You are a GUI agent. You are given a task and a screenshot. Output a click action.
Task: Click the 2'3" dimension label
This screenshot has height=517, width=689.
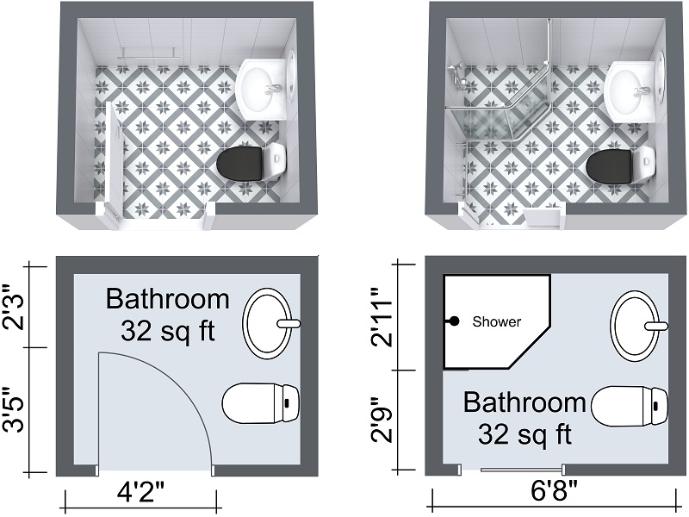pos(13,307)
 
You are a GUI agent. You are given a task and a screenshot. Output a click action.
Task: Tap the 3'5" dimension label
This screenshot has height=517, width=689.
pos(13,410)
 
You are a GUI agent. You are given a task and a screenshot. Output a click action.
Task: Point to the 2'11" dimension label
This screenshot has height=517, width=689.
pos(381,317)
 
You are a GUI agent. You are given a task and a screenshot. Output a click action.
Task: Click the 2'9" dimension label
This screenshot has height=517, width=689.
pos(381,420)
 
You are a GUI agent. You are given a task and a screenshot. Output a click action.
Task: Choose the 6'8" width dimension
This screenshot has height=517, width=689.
pos(554,491)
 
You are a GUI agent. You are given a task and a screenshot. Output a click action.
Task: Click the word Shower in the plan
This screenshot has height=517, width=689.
pos(497,321)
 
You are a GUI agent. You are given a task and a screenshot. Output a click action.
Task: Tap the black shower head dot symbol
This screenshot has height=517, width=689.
pos(455,321)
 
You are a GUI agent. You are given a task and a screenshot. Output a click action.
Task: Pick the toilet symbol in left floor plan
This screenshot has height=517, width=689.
pos(261,403)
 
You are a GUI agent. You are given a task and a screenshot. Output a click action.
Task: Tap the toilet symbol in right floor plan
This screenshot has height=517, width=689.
pos(630,406)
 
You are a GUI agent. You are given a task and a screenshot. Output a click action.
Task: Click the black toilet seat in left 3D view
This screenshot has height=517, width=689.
pos(239,164)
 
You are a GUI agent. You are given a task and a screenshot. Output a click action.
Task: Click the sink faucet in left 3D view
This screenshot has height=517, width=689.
pos(274,90)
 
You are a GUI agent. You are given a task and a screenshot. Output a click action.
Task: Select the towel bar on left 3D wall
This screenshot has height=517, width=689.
pos(148,53)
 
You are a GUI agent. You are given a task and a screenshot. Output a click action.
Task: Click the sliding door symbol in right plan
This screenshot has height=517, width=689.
pos(522,470)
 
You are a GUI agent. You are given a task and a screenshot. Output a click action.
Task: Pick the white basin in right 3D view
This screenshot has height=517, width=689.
pos(630,91)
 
